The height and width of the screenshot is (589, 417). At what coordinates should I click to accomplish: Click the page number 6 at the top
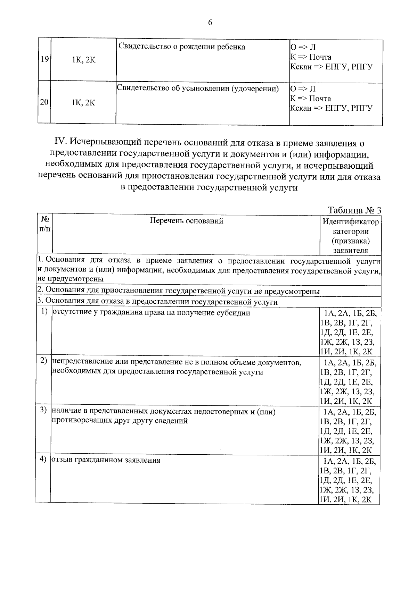210,23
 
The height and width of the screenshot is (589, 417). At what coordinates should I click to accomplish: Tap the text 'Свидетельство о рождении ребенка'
182,47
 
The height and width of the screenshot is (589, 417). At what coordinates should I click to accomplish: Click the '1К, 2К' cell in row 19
83,60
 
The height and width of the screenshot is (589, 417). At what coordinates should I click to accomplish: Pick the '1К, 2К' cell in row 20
83,103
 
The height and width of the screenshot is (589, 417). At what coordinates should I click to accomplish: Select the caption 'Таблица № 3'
354,210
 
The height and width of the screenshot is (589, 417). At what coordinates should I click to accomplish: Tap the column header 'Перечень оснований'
186,221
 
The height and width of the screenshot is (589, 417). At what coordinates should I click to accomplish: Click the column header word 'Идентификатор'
350,221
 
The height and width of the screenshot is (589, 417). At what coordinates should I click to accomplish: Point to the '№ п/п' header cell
44,224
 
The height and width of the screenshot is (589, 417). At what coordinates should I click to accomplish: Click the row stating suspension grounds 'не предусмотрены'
178,291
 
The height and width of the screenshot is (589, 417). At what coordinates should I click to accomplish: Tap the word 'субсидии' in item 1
235,312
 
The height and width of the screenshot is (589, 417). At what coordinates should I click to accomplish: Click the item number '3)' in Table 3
43,410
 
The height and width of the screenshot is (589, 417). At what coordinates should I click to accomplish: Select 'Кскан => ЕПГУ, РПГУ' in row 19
331,67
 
